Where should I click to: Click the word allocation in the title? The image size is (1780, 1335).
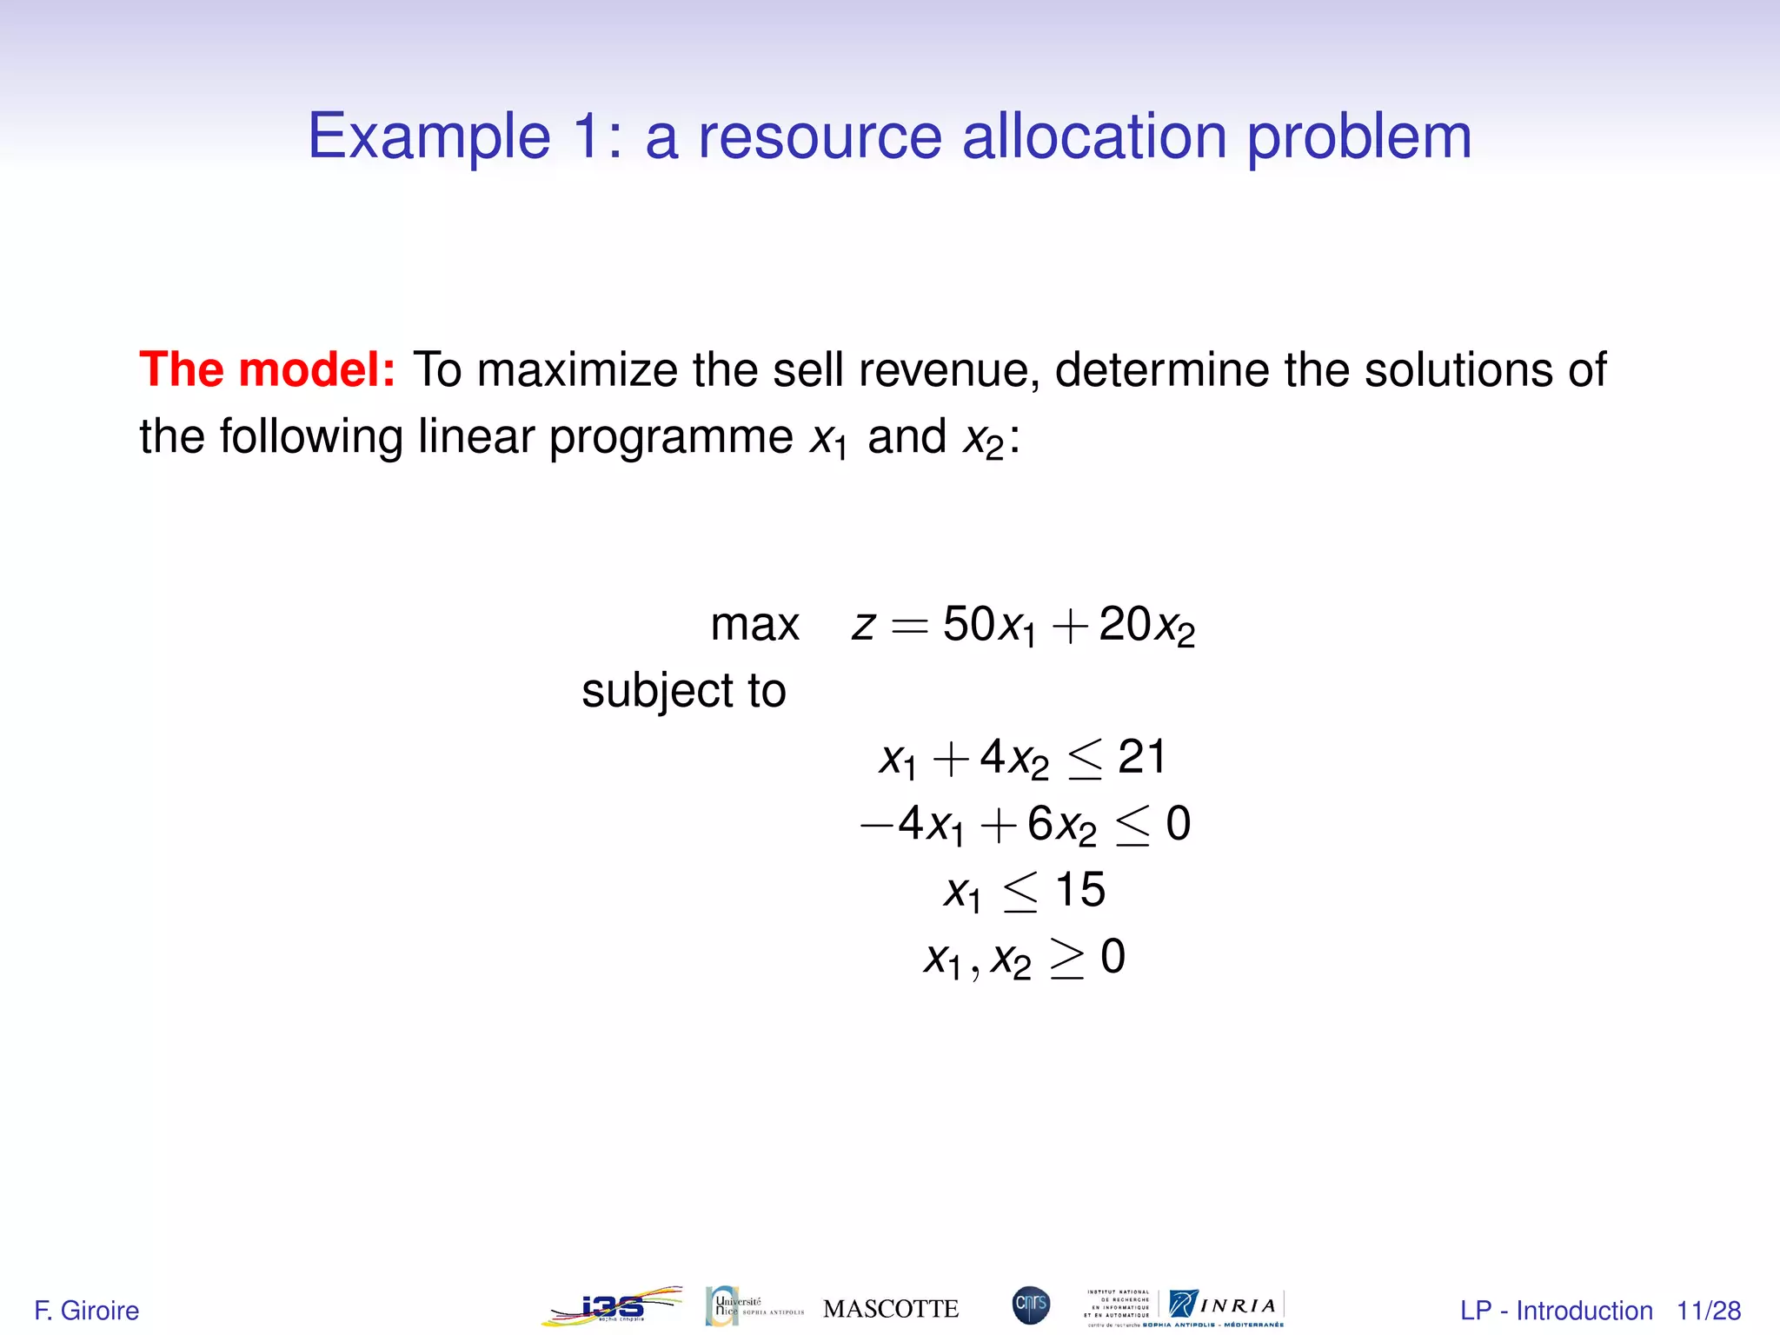pyautogui.click(x=1093, y=136)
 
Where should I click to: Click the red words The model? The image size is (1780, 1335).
pyautogui.click(x=268, y=369)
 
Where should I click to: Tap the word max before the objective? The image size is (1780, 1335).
pyautogui.click(x=754, y=625)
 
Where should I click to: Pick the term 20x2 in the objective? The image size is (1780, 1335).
pyautogui.click(x=1146, y=626)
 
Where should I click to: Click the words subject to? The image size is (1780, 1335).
pyautogui.click(x=683, y=692)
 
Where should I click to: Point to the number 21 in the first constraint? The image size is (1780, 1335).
pyautogui.click(x=1141, y=757)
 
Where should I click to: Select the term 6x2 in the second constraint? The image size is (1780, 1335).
pyautogui.click(x=1061, y=824)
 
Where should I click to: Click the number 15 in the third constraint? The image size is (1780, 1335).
pyautogui.click(x=1079, y=890)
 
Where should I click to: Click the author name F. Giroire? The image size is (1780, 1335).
pyautogui.click(x=86, y=1311)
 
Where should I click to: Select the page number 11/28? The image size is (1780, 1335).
pyautogui.click(x=1708, y=1311)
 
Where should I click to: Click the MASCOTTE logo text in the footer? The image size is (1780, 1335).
pyautogui.click(x=890, y=1309)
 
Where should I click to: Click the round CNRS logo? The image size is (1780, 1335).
pyautogui.click(x=1031, y=1305)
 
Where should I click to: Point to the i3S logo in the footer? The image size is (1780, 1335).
pyautogui.click(x=612, y=1306)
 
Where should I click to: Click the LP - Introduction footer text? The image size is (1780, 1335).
pyautogui.click(x=1556, y=1311)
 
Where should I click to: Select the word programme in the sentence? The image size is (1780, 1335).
pyautogui.click(x=670, y=437)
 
